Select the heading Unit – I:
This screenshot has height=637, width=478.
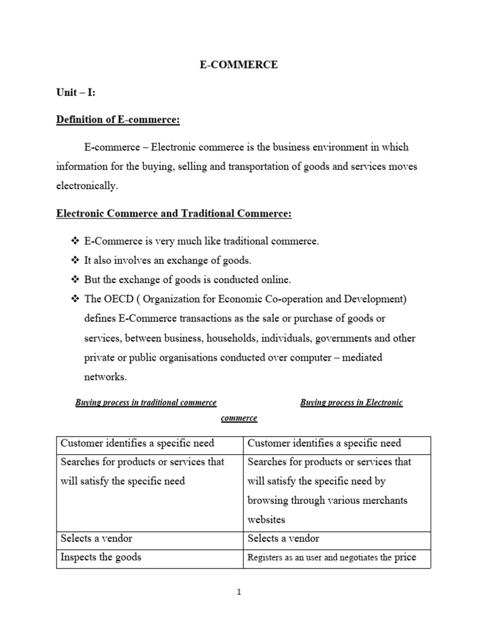[x=75, y=92]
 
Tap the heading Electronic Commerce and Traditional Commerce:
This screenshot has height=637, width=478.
[x=174, y=213]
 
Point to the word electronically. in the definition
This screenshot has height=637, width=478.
[x=87, y=185]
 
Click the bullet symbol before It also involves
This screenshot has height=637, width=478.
[x=75, y=260]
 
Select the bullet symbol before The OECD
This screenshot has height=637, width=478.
[x=75, y=299]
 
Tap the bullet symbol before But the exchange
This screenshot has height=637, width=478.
[x=75, y=280]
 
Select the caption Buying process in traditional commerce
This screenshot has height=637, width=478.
[x=146, y=402]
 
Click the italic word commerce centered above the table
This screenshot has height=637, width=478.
[x=239, y=418]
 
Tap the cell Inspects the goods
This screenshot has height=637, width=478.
[x=100, y=557]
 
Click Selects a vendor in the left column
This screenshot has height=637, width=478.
[x=96, y=538]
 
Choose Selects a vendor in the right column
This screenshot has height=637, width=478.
[x=283, y=538]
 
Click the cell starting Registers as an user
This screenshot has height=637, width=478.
[x=331, y=557]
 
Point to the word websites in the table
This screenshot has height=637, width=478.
[x=267, y=519]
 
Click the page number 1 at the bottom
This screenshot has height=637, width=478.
[x=238, y=592]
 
